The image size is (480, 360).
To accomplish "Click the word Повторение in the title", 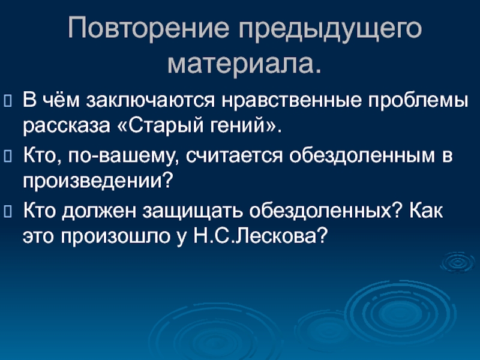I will tap(142, 29).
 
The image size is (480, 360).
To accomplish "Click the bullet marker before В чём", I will tap(9, 98).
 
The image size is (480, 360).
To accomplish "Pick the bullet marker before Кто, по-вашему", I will tap(9, 156).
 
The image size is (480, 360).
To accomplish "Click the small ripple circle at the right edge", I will tap(458, 262).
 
